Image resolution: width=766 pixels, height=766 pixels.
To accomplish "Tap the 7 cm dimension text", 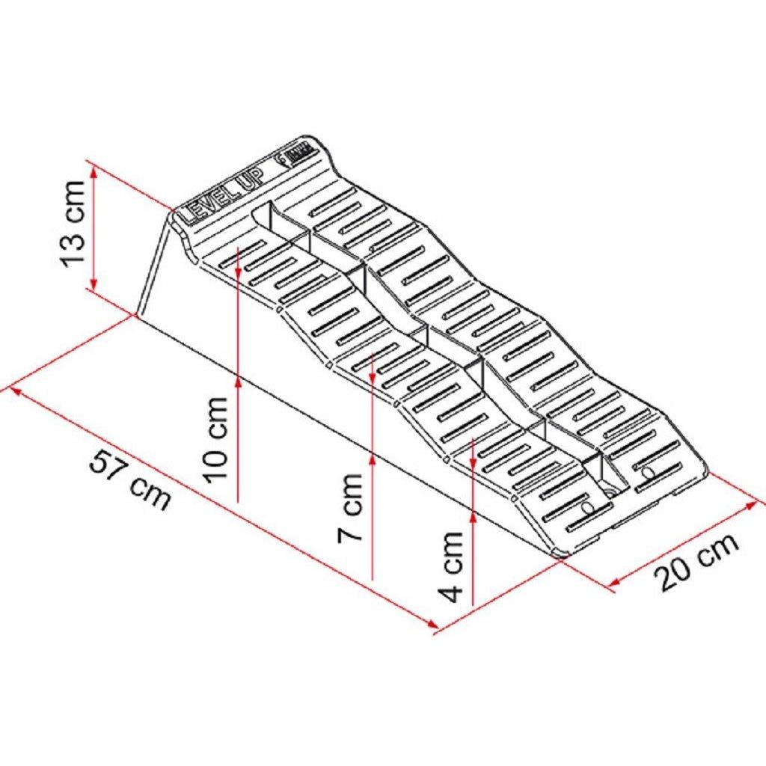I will pos(351,508).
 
